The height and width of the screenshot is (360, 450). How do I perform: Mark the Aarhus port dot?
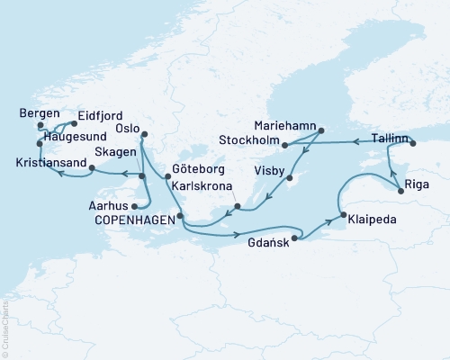(x=134, y=205)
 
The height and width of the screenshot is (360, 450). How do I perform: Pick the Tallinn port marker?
(x=412, y=143)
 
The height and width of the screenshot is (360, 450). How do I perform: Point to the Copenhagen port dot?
(x=180, y=216)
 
